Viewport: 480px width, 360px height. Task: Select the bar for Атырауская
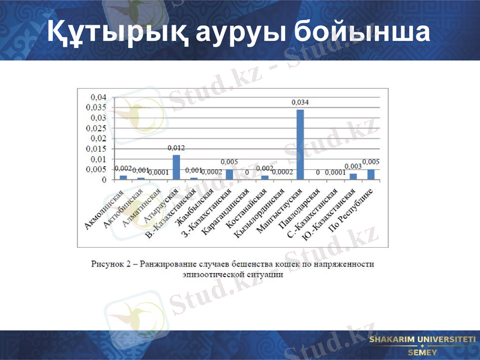click(176, 167)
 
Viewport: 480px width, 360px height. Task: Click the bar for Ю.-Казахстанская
click(353, 176)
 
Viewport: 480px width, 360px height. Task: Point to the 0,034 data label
click(300, 103)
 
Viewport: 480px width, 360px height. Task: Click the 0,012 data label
click(176, 148)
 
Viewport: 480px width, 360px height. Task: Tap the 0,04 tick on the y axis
click(98, 97)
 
